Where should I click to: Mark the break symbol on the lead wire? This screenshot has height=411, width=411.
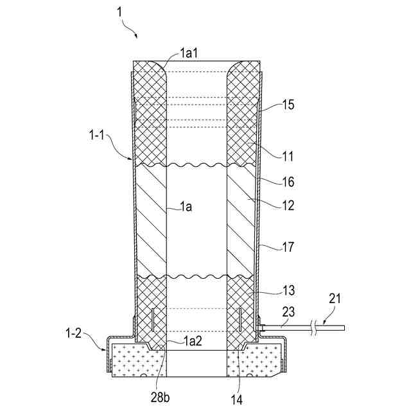[x=314, y=328]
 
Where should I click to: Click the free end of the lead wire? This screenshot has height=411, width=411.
[x=344, y=328]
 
